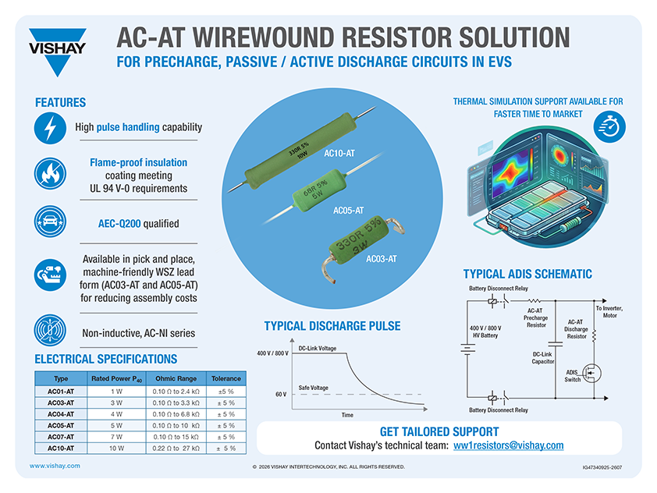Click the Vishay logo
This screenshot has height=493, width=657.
tap(58, 51)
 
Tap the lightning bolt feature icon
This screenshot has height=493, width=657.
tap(50, 128)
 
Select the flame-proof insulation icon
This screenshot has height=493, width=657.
tap(50, 173)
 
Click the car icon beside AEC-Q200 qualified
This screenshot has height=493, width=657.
tap(50, 222)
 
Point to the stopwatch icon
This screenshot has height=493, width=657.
tap(609, 126)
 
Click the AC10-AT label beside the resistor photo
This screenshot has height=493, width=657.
tap(339, 154)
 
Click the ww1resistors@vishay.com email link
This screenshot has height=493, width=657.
tap(508, 445)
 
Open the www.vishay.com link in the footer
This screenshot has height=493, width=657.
tap(55, 466)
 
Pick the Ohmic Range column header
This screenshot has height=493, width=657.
tap(176, 378)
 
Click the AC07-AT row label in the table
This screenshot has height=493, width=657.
tap(61, 437)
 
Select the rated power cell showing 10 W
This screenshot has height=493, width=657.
tap(116, 449)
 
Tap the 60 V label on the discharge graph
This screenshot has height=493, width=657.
tap(281, 395)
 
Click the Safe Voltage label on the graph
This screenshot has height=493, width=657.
tap(314, 388)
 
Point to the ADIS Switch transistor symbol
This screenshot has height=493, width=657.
tap(591, 373)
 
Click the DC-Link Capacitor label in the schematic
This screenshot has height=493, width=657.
tap(543, 358)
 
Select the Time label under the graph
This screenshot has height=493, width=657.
tap(347, 415)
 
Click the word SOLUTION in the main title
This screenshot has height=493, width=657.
tap(514, 37)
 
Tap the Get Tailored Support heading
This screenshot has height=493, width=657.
tap(439, 432)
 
